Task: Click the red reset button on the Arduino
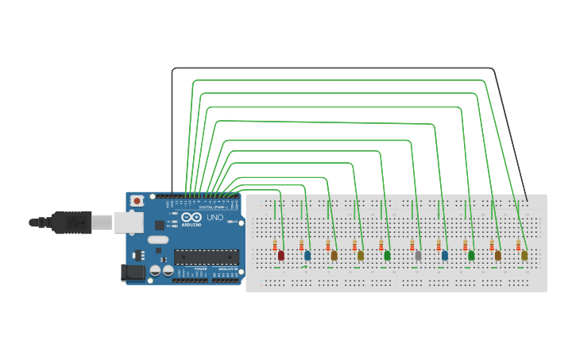[x=137, y=201]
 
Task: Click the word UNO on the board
[x=215, y=217]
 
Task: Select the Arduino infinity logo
[x=191, y=217]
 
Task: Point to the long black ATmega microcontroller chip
[x=207, y=257]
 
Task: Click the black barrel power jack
[x=133, y=273]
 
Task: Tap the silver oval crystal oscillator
[x=158, y=239]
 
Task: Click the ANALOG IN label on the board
[x=226, y=269]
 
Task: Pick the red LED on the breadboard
[x=280, y=255]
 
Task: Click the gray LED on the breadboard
[x=418, y=255]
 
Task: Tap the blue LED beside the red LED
[x=307, y=255]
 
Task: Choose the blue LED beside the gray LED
[x=445, y=255]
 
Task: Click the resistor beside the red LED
[x=275, y=246]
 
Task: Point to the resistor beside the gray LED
[x=412, y=246]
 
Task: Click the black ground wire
[x=334, y=68]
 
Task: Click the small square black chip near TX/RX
[x=159, y=225]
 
